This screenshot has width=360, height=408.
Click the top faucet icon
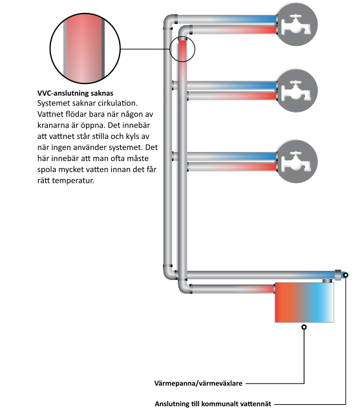click(x=296, y=25)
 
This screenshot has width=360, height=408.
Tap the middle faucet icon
click(x=296, y=91)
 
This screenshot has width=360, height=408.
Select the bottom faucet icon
click(x=296, y=162)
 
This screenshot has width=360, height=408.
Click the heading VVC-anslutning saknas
click(x=75, y=93)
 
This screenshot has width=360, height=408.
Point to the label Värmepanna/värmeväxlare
click(x=198, y=383)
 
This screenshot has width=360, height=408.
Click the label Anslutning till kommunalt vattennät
click(x=213, y=403)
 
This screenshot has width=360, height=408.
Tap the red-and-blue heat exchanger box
click(x=304, y=303)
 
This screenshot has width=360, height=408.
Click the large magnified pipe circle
click(x=85, y=48)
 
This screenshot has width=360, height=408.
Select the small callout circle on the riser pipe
click(x=182, y=49)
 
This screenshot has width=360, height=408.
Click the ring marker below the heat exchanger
click(x=304, y=327)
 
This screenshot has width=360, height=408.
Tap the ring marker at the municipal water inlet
click(x=345, y=275)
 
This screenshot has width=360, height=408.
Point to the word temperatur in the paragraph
click(x=73, y=180)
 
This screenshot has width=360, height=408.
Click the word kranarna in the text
click(x=53, y=125)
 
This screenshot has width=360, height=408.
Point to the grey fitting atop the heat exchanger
click(x=328, y=281)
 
